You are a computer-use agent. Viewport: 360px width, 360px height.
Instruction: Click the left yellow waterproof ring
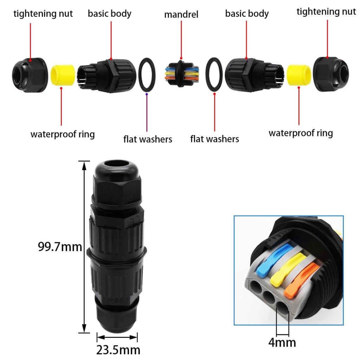click(63, 75)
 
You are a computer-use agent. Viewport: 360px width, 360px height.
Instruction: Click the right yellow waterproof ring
click(299, 75)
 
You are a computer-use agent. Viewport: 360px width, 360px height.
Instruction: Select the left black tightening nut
click(30, 75)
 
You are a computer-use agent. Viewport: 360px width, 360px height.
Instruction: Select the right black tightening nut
click(331, 74)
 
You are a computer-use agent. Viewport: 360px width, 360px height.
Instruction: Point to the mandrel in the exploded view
click(182, 73)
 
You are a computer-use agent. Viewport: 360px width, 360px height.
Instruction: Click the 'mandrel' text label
click(181, 14)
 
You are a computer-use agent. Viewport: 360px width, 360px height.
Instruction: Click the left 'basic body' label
click(110, 14)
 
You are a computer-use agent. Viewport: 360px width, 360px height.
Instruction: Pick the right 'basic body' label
click(247, 14)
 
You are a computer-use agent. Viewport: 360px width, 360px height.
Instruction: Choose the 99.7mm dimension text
click(60, 247)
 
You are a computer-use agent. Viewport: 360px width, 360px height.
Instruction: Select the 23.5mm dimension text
click(118, 350)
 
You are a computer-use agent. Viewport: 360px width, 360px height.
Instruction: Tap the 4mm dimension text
click(282, 342)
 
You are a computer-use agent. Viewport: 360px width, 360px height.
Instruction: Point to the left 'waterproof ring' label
click(63, 134)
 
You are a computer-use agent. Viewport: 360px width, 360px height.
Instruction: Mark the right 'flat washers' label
click(215, 139)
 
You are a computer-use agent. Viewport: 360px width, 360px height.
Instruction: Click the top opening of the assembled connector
click(117, 165)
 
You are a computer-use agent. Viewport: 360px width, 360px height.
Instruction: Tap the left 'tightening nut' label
click(43, 14)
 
